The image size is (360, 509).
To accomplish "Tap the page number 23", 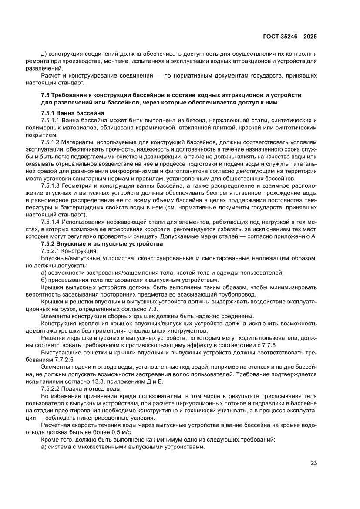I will (x=313, y=463).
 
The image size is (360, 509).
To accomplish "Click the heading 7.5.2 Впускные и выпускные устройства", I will (x=102, y=244).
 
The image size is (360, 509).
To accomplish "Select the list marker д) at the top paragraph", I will (x=44, y=54).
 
